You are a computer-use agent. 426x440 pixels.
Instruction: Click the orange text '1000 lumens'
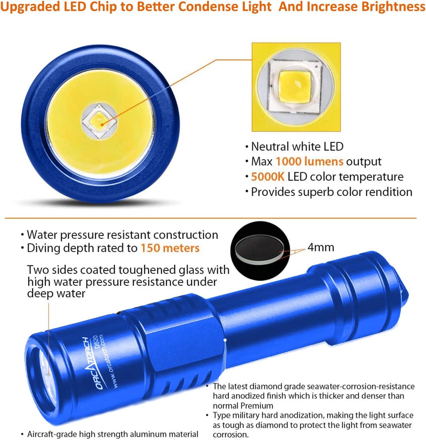click(x=309, y=161)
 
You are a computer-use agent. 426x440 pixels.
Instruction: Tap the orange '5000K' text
click(x=268, y=177)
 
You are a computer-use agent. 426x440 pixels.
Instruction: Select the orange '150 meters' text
click(x=170, y=248)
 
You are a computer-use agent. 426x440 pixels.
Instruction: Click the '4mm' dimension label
click(x=321, y=247)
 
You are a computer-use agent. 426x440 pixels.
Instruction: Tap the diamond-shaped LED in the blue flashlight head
click(x=100, y=122)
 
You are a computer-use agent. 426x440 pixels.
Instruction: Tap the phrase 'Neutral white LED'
click(x=297, y=146)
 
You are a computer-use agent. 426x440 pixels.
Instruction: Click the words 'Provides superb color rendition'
click(x=331, y=192)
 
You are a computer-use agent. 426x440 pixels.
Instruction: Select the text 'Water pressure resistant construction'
click(x=122, y=235)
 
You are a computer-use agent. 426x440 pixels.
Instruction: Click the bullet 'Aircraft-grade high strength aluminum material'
click(x=113, y=434)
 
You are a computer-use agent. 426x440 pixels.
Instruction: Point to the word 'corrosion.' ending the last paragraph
click(x=231, y=435)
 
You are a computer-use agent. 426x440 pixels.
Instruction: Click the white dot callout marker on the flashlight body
click(x=225, y=340)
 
